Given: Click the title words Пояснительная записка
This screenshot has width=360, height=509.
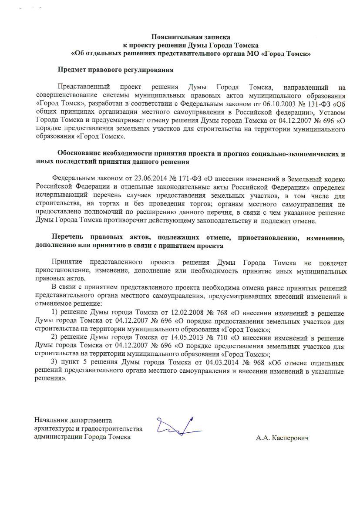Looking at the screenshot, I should pos(191,37).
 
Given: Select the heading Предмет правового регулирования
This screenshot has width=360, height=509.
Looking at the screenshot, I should pos(116,70).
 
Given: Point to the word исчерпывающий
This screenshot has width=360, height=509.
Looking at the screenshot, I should pos(61,195).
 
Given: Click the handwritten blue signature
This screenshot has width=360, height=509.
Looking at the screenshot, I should pos(178,426).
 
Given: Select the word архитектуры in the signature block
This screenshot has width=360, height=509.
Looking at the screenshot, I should pos(54,429).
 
